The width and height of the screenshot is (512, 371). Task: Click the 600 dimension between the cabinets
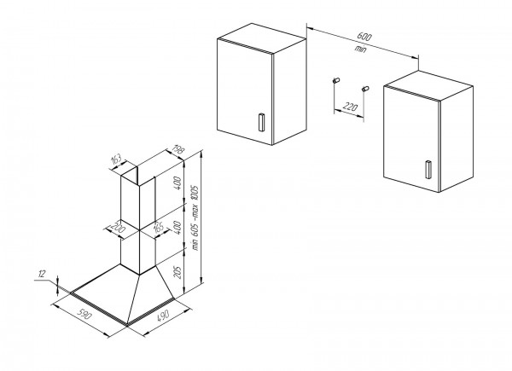[364, 36]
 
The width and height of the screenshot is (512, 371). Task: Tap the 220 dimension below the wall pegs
[350, 107]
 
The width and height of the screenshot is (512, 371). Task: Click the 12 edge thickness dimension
[41, 274]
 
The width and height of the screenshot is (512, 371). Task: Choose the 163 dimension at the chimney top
[116, 159]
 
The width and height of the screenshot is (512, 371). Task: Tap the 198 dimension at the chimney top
[178, 150]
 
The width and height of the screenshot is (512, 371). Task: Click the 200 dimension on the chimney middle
[118, 228]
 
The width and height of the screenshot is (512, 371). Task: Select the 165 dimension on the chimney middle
[159, 227]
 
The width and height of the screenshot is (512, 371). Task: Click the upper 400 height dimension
[177, 184]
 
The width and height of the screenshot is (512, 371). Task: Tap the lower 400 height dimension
[177, 229]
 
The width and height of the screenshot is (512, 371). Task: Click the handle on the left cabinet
[262, 122]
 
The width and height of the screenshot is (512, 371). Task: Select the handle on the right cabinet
[428, 170]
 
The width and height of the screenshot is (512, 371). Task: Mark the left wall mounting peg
[336, 80]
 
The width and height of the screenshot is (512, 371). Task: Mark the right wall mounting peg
[365, 89]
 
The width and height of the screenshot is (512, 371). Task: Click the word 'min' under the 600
[361, 49]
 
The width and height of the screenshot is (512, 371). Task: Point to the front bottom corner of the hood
[126, 324]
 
